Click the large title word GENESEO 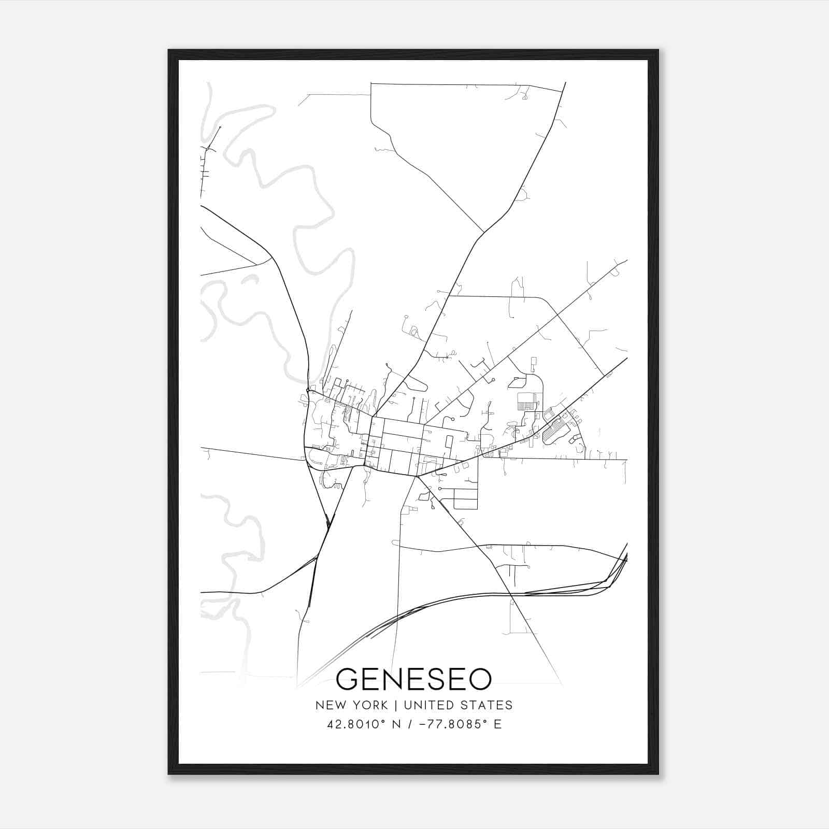tap(413, 679)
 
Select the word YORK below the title tap(369, 705)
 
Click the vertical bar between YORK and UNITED tap(396, 705)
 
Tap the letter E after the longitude tap(497, 724)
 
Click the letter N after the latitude tap(397, 724)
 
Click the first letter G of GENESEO tap(348, 679)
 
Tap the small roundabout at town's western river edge tap(308, 390)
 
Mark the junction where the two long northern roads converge tap(483, 232)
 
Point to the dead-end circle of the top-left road tap(220, 127)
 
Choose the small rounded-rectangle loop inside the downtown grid tap(449, 441)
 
